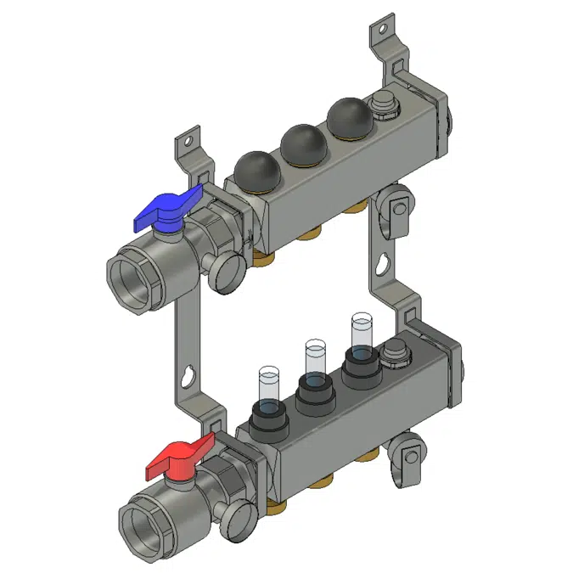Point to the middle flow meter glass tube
click(315, 357)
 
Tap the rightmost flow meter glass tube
click(361, 331)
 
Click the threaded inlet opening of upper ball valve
click(137, 277)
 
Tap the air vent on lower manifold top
click(395, 351)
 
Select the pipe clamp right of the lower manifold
click(409, 449)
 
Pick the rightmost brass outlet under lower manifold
click(368, 455)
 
